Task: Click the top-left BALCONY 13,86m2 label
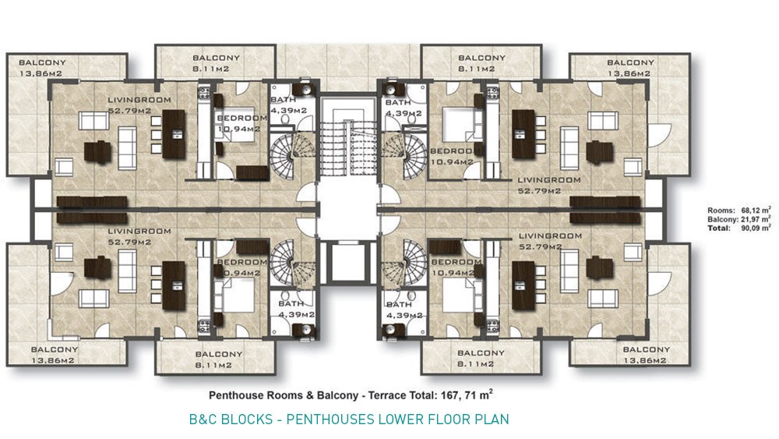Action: (42, 68)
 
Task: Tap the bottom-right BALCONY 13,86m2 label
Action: (646, 355)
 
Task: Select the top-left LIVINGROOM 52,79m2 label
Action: (139, 105)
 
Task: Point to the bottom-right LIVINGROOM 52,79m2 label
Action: (550, 241)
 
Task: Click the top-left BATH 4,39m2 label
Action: (288, 105)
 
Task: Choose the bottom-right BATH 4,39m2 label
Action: (404, 310)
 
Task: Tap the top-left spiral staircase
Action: (291, 156)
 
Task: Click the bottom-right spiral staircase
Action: (405, 263)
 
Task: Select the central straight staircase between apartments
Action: (347, 147)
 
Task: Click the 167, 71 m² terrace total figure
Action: (467, 395)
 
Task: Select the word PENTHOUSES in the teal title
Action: (330, 419)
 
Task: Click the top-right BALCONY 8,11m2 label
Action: (481, 63)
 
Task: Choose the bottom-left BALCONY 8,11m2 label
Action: (219, 359)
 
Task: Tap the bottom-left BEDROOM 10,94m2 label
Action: (241, 267)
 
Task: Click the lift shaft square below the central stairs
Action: (347, 262)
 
